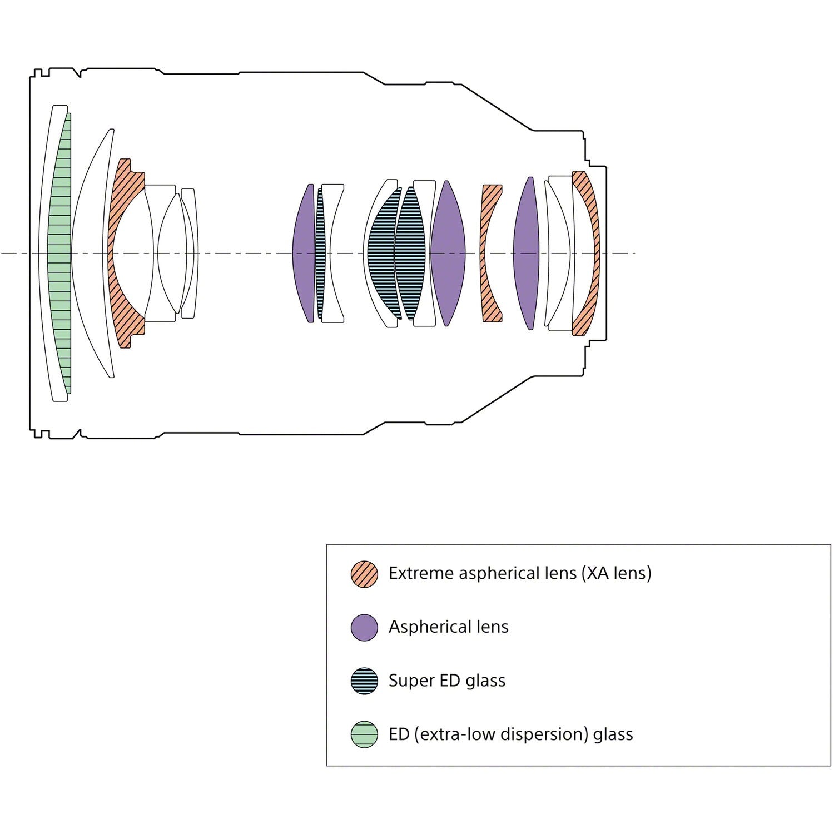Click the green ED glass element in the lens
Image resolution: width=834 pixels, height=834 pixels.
point(60,254)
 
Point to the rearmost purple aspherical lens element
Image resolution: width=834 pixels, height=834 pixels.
point(526,254)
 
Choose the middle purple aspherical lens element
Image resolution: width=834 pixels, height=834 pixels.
point(447,254)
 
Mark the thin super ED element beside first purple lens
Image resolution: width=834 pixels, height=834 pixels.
point(320,254)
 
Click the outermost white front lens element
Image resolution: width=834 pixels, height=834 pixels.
point(46,254)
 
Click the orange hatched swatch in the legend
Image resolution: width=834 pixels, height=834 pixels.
point(365,574)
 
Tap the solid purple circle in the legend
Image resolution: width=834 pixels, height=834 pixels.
point(365,628)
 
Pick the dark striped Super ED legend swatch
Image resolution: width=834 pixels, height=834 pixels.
point(365,681)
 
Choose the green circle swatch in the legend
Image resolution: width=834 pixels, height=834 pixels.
point(365,734)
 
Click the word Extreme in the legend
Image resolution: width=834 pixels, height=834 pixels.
point(421,573)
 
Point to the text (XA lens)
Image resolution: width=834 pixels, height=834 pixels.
point(616,573)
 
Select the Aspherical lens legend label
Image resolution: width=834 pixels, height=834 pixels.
point(449,627)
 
